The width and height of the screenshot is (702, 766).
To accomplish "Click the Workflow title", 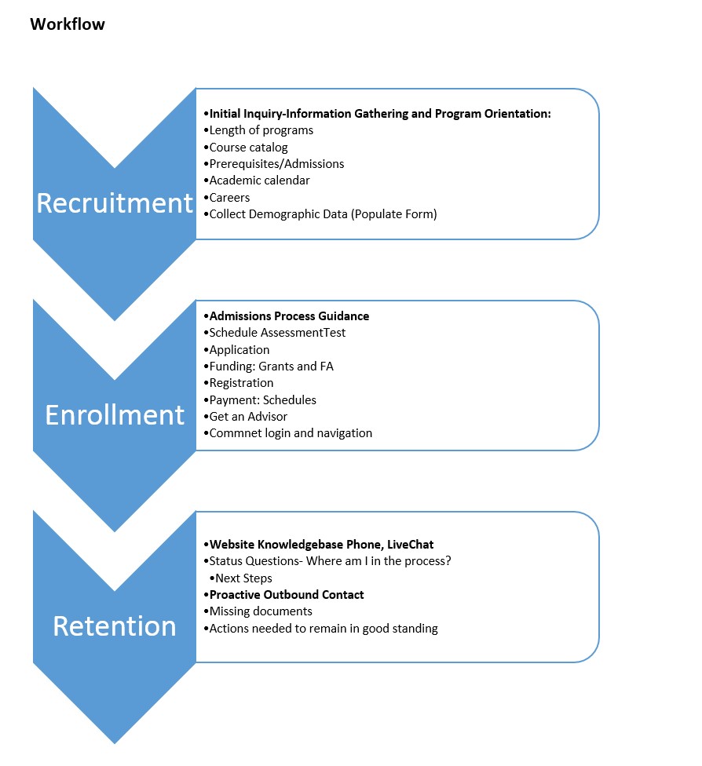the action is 68,24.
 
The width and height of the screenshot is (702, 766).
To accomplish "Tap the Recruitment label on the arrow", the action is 115,202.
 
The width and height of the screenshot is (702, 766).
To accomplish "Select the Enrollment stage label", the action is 115,414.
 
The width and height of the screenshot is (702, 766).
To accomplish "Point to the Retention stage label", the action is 115,626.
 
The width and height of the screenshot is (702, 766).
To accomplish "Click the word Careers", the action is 229,197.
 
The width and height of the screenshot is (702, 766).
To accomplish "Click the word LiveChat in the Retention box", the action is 410,545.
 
